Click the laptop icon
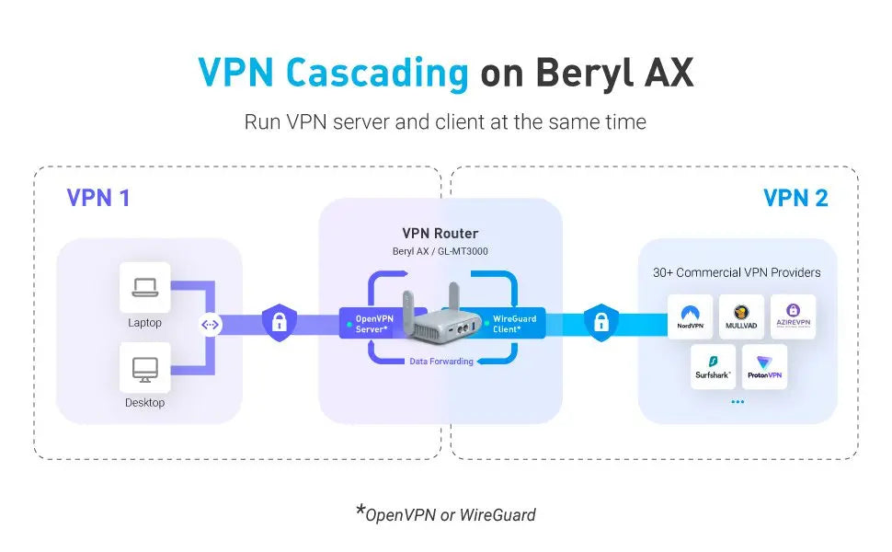coord(144,288)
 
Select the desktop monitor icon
coord(144,368)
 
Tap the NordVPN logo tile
coord(691,316)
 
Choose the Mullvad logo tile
coord(741,316)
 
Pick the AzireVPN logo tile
coord(793,316)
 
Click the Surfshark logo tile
coord(714,366)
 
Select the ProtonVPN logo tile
coord(764,366)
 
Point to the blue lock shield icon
coord(601,322)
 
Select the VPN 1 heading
coord(98,198)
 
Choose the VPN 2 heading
coord(795,198)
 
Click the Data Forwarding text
coord(441,362)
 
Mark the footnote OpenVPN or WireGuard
coord(449,514)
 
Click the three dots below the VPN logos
coord(738,403)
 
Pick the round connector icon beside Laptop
coord(211,324)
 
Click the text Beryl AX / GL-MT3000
coord(440,251)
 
